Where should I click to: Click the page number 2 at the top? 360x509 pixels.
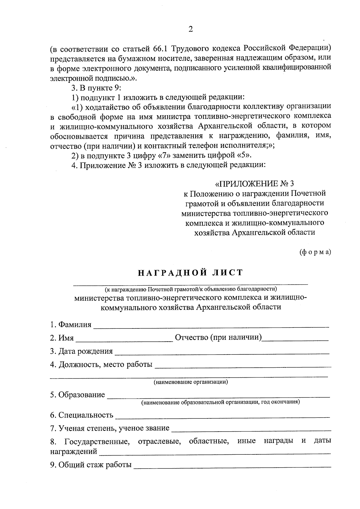[190, 29]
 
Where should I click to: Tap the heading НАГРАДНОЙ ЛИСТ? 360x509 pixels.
[190, 272]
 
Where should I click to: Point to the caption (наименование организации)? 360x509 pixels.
[191, 382]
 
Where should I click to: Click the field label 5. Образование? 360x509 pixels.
[77, 395]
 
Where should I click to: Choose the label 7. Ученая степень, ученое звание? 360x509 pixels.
[110, 428]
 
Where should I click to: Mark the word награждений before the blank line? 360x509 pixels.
[73, 451]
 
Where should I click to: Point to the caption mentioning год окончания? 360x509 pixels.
[220, 402]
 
